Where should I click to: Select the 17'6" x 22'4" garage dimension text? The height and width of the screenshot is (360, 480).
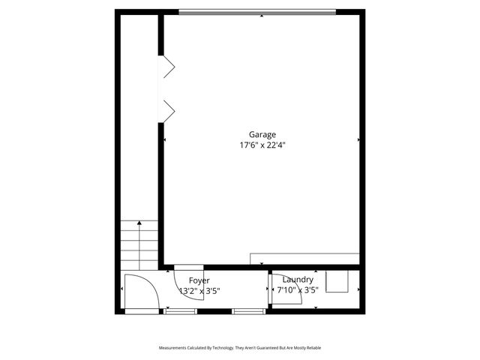(x=262, y=145)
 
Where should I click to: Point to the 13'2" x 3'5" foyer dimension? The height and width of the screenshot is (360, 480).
(x=199, y=290)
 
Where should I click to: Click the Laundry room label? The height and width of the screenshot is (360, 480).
(x=298, y=280)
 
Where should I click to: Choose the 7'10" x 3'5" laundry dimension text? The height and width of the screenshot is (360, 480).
(x=298, y=290)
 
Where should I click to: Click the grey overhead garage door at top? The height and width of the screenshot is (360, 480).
(x=257, y=12)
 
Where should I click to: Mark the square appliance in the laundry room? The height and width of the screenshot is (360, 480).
(x=337, y=282)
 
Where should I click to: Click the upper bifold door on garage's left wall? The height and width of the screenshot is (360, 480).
(x=167, y=66)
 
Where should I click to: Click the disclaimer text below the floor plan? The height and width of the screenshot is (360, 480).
(x=239, y=348)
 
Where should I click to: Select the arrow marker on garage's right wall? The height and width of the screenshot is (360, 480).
(x=358, y=139)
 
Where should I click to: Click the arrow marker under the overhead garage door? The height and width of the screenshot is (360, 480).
(x=261, y=16)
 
